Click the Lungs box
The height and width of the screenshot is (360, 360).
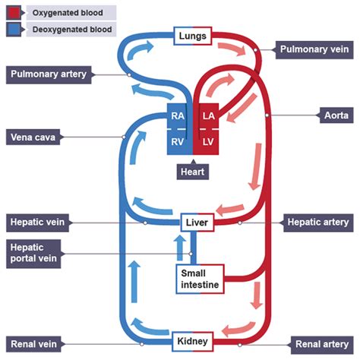coord(193,36)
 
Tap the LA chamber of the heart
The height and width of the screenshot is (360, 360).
coord(208,116)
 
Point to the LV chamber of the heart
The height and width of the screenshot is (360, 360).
coord(208,142)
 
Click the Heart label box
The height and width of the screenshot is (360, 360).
coord(193,172)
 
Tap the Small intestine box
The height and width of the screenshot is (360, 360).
coord(200,279)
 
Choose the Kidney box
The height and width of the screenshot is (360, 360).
coord(193,340)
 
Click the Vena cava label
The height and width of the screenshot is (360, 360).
coord(34,137)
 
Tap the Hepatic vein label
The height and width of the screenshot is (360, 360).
coord(38,223)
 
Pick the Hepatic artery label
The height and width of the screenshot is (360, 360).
coord(318,223)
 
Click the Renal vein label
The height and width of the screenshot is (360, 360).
coord(34,342)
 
